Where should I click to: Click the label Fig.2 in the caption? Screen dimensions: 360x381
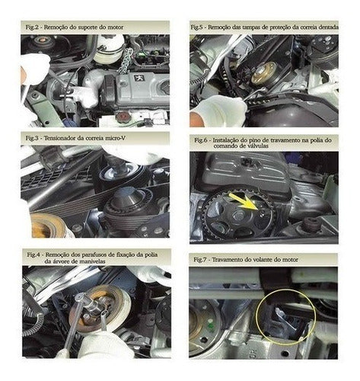click(x=32, y=27)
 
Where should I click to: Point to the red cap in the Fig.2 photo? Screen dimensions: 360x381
click(x=122, y=117)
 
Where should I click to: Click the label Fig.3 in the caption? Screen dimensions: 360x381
click(x=32, y=138)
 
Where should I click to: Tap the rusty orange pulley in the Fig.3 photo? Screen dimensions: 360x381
click(x=48, y=226)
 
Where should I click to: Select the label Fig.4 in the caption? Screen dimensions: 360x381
click(x=33, y=255)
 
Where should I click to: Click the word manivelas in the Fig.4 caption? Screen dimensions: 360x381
click(x=92, y=261)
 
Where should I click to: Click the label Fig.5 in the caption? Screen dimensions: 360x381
click(x=197, y=27)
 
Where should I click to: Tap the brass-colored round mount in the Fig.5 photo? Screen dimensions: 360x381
click(x=264, y=72)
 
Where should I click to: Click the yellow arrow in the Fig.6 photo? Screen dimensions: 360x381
click(x=245, y=201)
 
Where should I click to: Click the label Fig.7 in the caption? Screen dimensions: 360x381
click(x=199, y=260)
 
